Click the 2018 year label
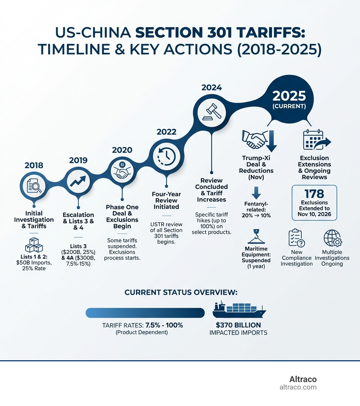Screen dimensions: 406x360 pyautogui.click(x=34, y=165)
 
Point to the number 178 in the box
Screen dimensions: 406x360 pyautogui.click(x=314, y=194)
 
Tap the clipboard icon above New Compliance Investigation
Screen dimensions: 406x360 pyautogui.click(x=296, y=238)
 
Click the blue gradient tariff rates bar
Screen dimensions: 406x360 pyautogui.click(x=145, y=313)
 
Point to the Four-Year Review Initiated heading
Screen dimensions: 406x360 pyautogui.click(x=166, y=200)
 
